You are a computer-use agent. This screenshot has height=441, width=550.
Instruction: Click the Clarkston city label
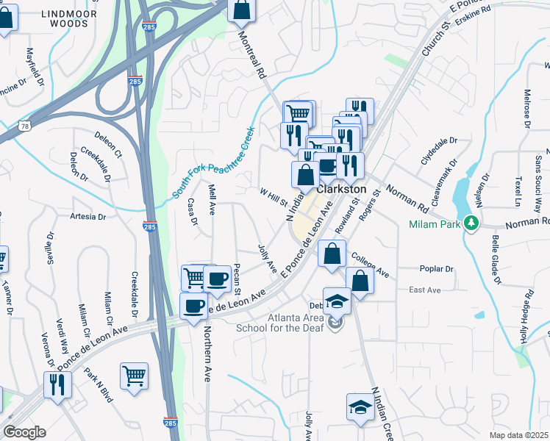[x=341, y=189]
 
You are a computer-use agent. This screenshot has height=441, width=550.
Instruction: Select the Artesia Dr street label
[x=88, y=217]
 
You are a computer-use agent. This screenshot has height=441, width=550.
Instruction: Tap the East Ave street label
[x=424, y=290]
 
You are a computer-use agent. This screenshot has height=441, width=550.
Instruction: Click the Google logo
[x=24, y=432]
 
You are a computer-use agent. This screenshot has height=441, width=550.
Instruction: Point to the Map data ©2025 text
[x=518, y=435]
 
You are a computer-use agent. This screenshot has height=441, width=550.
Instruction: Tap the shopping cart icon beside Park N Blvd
[x=135, y=376]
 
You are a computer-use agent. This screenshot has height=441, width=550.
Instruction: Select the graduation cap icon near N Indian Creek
[x=360, y=408]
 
